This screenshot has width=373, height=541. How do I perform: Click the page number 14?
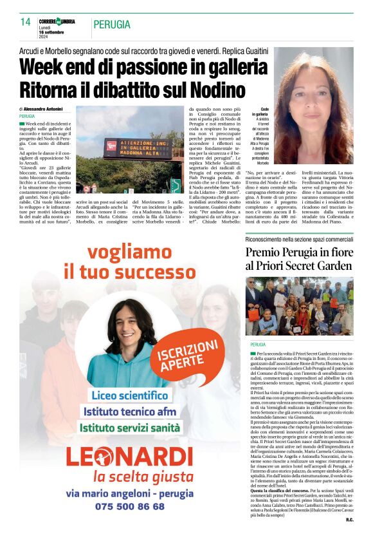(26, 22)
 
